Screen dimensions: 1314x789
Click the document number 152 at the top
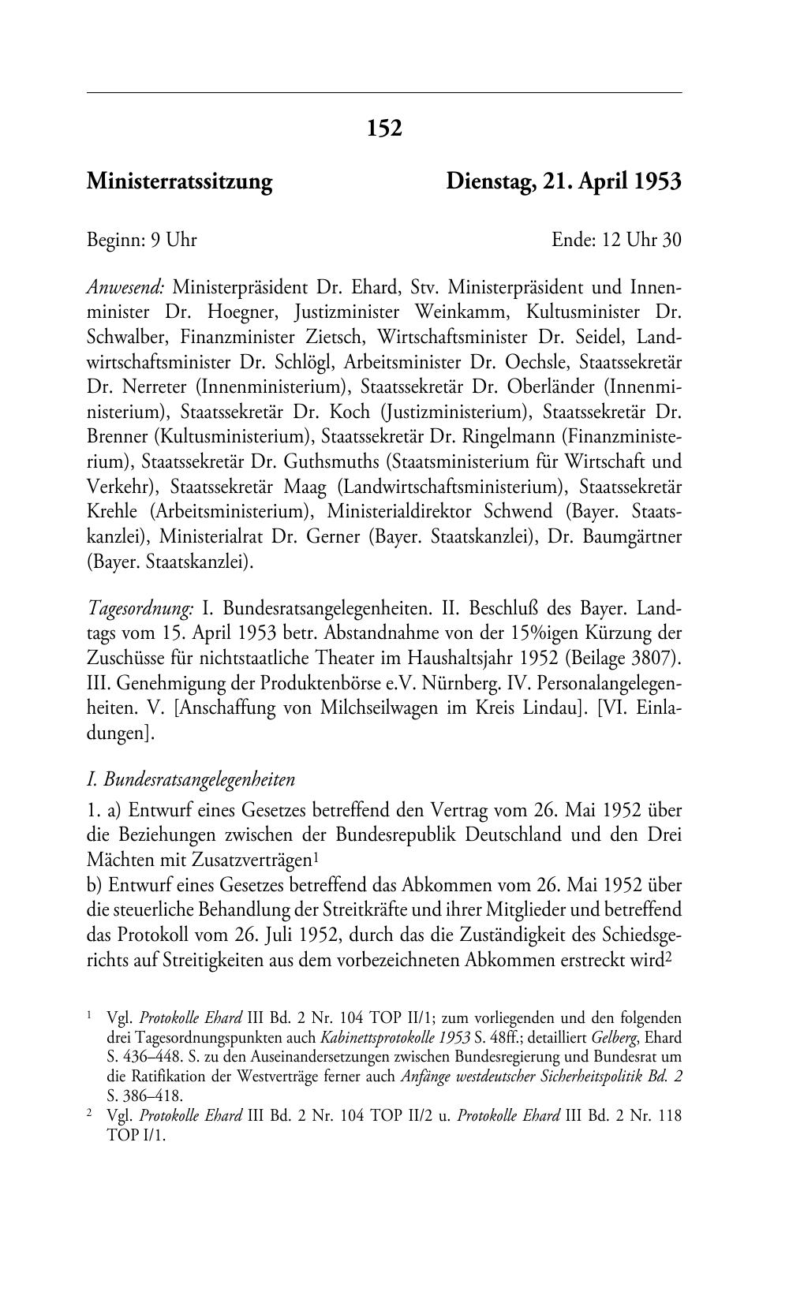(x=384, y=128)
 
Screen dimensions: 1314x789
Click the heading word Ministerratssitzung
(x=179, y=182)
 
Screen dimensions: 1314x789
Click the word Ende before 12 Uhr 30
(x=573, y=240)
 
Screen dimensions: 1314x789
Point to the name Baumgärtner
(x=632, y=536)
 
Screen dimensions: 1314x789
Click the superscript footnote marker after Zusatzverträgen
(x=315, y=855)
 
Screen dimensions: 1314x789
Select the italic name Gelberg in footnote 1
(x=615, y=1037)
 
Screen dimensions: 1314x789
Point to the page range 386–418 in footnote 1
(x=155, y=1096)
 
